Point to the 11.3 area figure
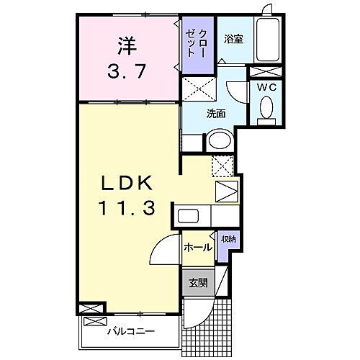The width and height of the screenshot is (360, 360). point(127,210)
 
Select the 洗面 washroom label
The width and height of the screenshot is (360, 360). point(216,113)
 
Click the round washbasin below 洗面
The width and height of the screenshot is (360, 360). point(220,140)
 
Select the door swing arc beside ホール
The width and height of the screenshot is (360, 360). point(164,252)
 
